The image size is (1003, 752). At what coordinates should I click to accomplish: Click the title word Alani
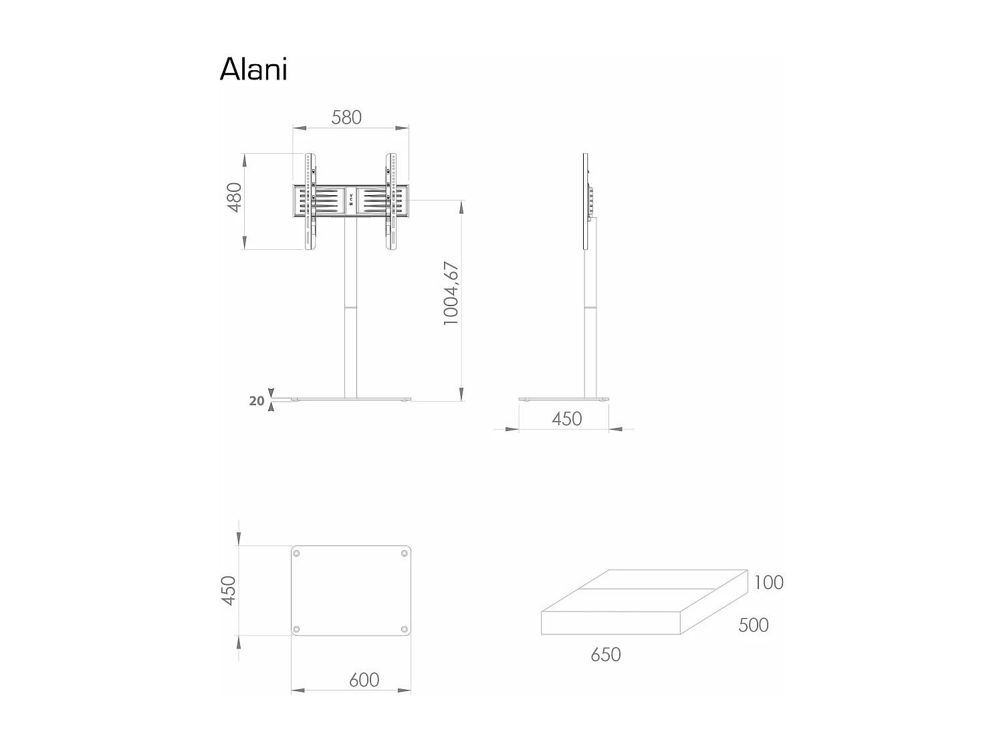pyautogui.click(x=253, y=70)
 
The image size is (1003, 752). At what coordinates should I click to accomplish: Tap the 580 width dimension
pyautogui.click(x=346, y=118)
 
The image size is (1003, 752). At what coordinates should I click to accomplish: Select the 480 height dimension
pyautogui.click(x=233, y=197)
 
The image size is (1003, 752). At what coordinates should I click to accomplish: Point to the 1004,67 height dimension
pyautogui.click(x=451, y=293)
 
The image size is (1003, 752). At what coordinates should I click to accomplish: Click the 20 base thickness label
pyautogui.click(x=257, y=401)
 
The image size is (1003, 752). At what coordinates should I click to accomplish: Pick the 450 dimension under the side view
pyautogui.click(x=566, y=419)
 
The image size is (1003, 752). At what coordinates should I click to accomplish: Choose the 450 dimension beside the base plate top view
pyautogui.click(x=229, y=590)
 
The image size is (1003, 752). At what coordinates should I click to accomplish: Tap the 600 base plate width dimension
pyautogui.click(x=364, y=680)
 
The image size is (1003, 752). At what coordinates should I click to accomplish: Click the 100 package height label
pyautogui.click(x=768, y=583)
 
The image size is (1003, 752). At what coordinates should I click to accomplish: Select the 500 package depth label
pyautogui.click(x=753, y=625)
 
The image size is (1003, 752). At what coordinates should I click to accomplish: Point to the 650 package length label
pyautogui.click(x=605, y=654)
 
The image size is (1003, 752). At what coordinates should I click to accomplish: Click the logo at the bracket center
pyautogui.click(x=351, y=199)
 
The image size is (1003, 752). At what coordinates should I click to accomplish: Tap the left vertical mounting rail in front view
pyautogui.click(x=309, y=202)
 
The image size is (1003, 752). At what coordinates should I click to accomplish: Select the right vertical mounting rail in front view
pyautogui.click(x=391, y=202)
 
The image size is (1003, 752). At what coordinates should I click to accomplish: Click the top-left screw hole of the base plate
pyautogui.click(x=297, y=553)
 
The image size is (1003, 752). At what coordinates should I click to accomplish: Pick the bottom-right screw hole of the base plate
pyautogui.click(x=404, y=629)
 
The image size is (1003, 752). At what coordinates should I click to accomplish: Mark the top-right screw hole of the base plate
pyautogui.click(x=404, y=553)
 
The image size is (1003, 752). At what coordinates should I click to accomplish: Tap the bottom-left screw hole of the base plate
pyautogui.click(x=297, y=629)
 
